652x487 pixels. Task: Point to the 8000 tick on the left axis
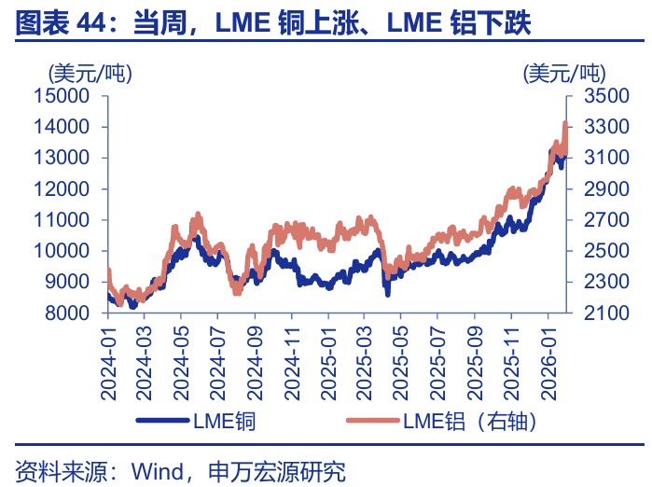(x=67, y=313)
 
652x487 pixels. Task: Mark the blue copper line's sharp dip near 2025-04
(x=387, y=292)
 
